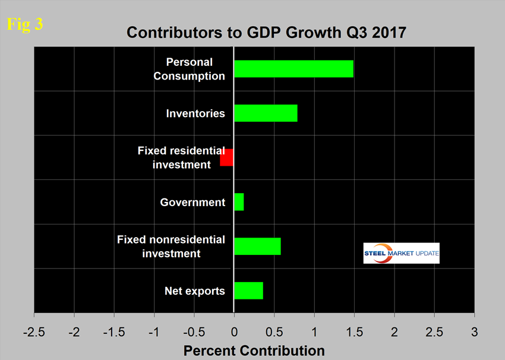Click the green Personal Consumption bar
pyautogui.click(x=293, y=69)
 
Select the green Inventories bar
pyautogui.click(x=266, y=113)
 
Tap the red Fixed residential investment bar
pyautogui.click(x=226, y=157)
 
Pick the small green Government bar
pyautogui.click(x=239, y=202)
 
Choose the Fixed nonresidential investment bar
pyautogui.click(x=257, y=246)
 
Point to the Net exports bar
pyautogui.click(x=248, y=290)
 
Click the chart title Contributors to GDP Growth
pyautogui.click(x=266, y=33)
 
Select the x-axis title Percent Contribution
pyautogui.click(x=254, y=350)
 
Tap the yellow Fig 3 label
pyautogui.click(x=24, y=25)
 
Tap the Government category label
pyautogui.click(x=192, y=202)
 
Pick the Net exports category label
pyautogui.click(x=195, y=290)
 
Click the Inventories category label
pyautogui.click(x=195, y=113)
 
